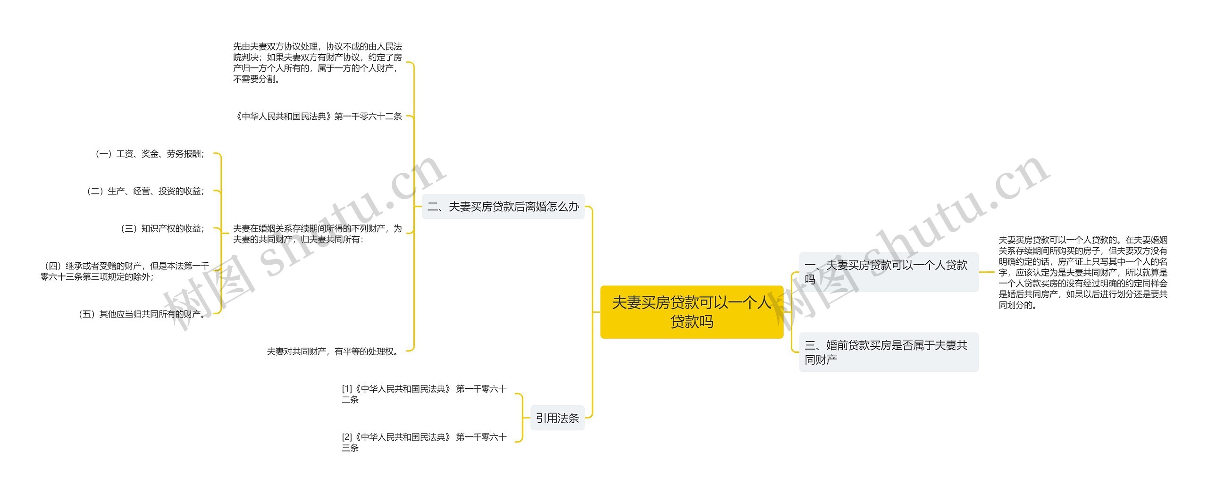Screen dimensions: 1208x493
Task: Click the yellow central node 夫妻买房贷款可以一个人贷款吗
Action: [691, 312]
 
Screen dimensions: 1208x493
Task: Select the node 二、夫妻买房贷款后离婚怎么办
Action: [503, 207]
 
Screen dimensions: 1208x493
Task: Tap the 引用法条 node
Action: [557, 418]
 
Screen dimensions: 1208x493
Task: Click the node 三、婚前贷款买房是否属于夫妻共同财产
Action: [888, 352]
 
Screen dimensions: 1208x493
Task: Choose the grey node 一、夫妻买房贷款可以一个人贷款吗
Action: [888, 272]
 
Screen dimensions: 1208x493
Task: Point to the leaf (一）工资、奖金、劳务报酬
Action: [150, 154]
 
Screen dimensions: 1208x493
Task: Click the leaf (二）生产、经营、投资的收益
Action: [146, 191]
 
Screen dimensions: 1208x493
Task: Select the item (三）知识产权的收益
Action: [163, 229]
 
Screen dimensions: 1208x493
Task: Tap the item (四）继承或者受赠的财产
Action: [125, 271]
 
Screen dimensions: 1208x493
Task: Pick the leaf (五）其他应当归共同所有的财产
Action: [142, 314]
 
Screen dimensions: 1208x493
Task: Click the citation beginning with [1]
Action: [424, 394]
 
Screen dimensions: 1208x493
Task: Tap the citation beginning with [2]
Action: [424, 443]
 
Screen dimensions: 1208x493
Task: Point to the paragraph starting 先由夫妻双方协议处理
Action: [317, 63]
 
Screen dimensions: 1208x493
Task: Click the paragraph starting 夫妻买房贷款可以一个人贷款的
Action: [1082, 272]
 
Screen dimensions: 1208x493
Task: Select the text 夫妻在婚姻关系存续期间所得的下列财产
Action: [317, 234]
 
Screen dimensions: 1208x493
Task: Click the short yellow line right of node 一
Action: [987, 272]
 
